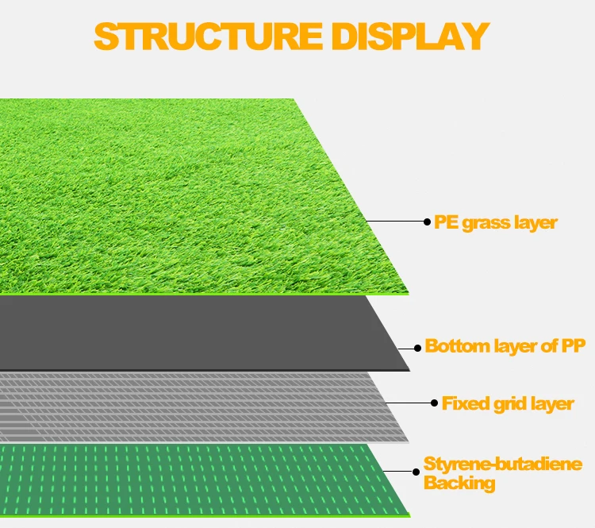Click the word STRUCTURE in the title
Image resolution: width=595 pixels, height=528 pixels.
205,37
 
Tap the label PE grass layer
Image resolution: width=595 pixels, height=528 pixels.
496,222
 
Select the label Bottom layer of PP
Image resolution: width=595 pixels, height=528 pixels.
505,346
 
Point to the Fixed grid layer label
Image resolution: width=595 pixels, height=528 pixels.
508,403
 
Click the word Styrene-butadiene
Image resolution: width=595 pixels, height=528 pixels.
503,464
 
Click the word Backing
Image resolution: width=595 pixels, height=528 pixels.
459,483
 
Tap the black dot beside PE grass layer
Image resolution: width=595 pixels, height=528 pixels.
427,222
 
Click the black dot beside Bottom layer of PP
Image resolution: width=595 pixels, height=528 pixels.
417,347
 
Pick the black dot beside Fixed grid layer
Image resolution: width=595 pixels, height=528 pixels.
433,403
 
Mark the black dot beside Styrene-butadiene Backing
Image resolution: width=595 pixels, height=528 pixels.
416,472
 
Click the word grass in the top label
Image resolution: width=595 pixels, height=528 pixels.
484,223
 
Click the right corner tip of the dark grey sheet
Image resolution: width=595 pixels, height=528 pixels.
409,370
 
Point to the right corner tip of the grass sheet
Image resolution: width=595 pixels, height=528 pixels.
409,293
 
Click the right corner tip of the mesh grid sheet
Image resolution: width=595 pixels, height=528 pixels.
409,441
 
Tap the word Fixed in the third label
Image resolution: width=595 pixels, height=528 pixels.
465,403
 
